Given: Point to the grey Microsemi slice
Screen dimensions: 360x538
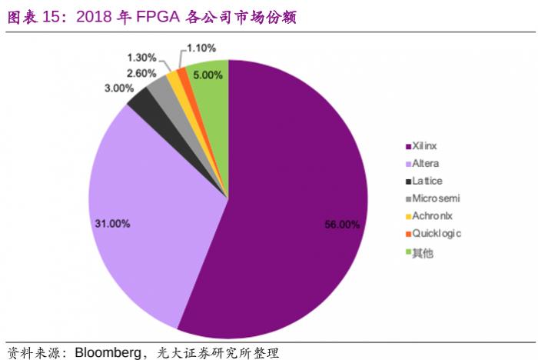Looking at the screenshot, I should point(160,88).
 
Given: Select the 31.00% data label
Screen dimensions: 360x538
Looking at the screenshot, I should point(112,223).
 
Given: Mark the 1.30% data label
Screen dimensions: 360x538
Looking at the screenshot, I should point(142,57).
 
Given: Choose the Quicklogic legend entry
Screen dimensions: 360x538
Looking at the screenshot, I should point(437,233).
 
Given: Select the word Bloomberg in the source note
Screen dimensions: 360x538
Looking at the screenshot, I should point(108,352).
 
